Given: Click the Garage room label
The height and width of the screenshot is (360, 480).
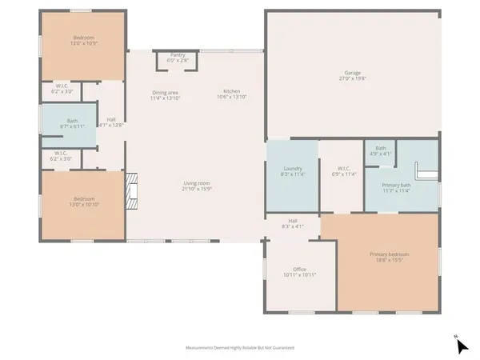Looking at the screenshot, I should [352, 73].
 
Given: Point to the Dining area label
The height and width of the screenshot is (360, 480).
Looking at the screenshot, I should [165, 94].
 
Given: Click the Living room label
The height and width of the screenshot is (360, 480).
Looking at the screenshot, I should [196, 186].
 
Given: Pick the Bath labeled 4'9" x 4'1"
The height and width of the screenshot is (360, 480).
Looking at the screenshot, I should [381, 150].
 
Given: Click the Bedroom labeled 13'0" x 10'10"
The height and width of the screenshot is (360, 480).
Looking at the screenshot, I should [84, 200].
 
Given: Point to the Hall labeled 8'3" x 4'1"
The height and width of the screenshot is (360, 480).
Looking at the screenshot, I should [293, 223].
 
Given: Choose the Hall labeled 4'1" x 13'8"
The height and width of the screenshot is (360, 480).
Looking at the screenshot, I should [111, 122].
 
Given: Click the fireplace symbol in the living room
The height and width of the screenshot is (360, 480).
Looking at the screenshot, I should [132, 192].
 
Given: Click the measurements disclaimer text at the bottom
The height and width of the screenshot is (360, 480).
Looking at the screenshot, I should [240, 348].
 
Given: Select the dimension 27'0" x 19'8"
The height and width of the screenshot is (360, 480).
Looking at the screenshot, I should [352, 78].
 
